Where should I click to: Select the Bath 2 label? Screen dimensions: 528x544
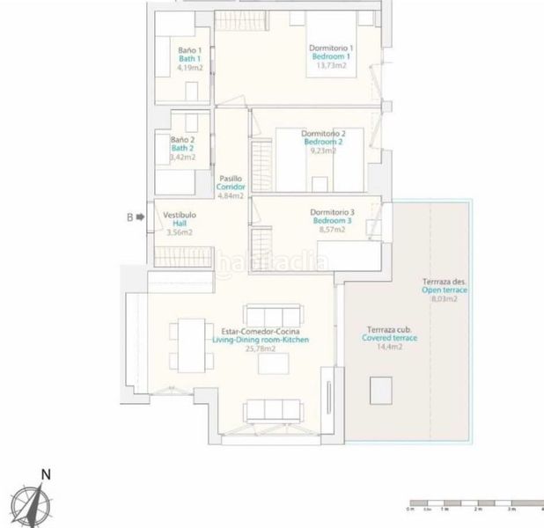tap(182, 148)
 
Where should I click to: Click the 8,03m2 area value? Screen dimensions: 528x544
tap(444, 299)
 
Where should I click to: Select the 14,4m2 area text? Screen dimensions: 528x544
tap(389, 348)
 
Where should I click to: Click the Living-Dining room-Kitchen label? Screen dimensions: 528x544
tap(261, 340)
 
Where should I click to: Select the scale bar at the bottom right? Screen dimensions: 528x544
tap(476, 508)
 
